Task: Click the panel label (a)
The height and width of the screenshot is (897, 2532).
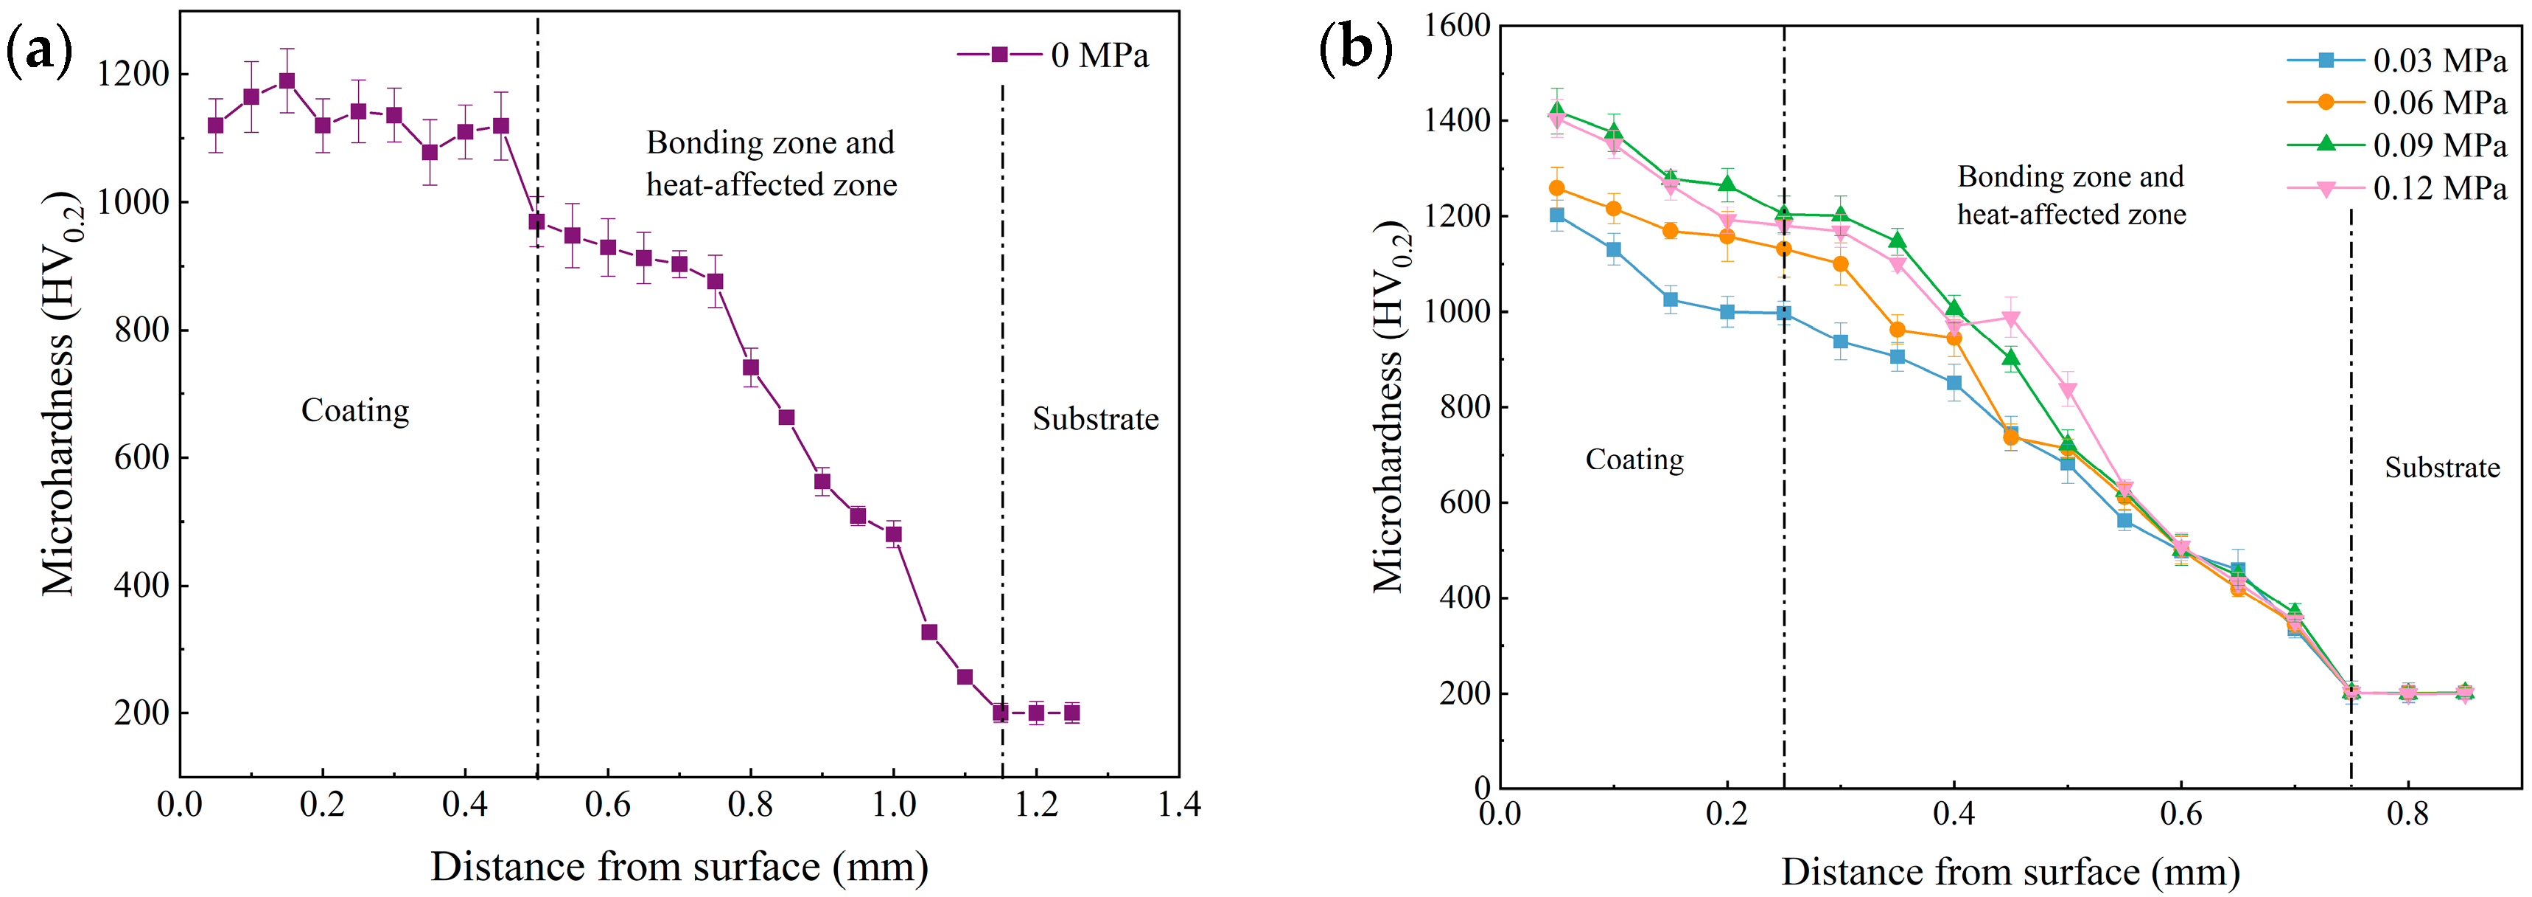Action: click(x=39, y=51)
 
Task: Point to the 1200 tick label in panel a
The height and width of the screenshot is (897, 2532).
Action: click(x=133, y=75)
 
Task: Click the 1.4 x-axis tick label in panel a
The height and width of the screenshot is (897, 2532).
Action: click(x=1178, y=806)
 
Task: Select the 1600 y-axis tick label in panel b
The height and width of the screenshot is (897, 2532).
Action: click(x=1457, y=26)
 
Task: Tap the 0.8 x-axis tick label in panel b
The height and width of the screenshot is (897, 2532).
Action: click(x=2407, y=814)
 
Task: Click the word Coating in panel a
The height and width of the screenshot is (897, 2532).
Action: click(x=355, y=410)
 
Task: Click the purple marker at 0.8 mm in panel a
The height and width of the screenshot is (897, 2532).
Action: click(x=751, y=368)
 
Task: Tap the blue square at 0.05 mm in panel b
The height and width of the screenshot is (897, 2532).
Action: click(x=1556, y=215)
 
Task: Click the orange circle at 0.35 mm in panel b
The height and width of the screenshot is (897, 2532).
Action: click(x=1897, y=330)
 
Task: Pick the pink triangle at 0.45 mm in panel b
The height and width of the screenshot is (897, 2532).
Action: click(x=2011, y=319)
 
